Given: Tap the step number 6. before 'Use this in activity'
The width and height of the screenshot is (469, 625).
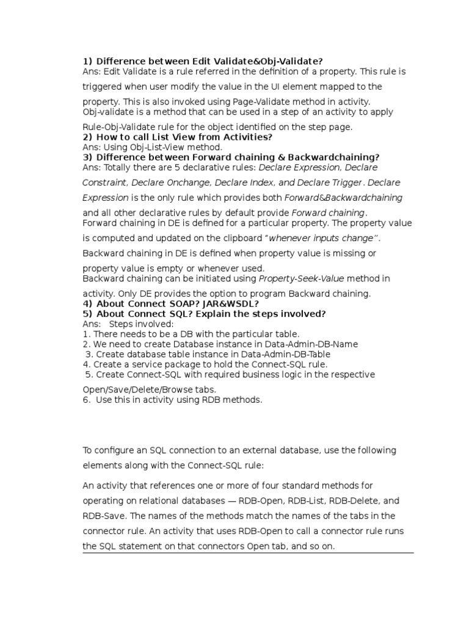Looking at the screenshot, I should [x=86, y=400].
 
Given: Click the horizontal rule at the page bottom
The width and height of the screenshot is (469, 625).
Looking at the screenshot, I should [x=248, y=553].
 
